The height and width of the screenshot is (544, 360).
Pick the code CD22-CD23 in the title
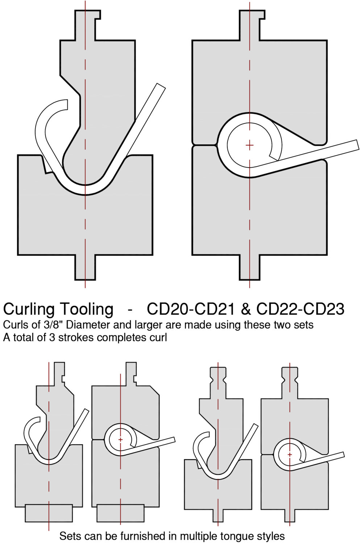coord(300,309)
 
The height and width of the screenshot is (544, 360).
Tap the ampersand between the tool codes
coord(246,309)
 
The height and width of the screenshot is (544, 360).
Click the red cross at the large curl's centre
coord(249,145)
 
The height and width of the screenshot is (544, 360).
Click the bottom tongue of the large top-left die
coord(86,267)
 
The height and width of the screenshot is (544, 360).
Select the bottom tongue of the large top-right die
coord(250,267)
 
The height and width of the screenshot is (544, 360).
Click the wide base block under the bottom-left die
coord(49,513)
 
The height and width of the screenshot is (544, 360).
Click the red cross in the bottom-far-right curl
coord(290,454)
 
